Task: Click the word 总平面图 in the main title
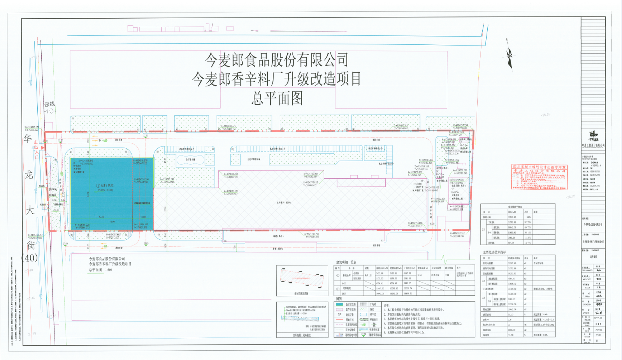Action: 277,98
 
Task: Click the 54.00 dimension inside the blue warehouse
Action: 102,217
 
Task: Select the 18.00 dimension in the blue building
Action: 143,217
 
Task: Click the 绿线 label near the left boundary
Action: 49,104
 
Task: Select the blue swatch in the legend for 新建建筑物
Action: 339,304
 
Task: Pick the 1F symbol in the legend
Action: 339,314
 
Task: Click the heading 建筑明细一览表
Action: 346,262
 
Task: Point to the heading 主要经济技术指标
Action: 494,252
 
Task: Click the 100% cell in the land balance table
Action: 529,217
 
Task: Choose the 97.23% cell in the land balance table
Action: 528,222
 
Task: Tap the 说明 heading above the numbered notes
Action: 387,306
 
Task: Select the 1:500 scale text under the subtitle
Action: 108,270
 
